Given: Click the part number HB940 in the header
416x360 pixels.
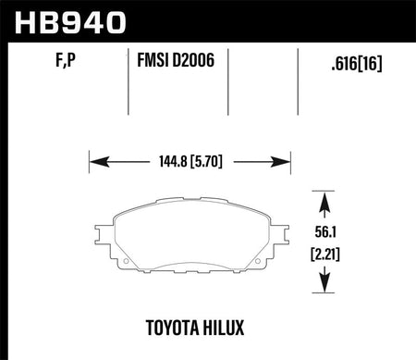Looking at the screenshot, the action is point(70,22).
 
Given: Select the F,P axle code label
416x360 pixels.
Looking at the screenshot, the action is point(66,60).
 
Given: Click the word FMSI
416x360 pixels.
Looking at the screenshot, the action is point(153,60).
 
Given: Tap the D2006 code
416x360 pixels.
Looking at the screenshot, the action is point(193,60).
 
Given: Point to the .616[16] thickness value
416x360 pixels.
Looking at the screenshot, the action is point(357,64).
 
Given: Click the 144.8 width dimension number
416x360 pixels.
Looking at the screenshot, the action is point(173,161).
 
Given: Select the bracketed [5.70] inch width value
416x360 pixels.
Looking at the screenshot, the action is point(206,161).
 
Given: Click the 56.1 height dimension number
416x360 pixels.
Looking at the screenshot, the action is point(325,232).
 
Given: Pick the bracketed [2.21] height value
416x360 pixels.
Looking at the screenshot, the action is point(325,254).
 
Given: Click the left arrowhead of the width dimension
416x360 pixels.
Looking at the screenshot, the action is point(99,162).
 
